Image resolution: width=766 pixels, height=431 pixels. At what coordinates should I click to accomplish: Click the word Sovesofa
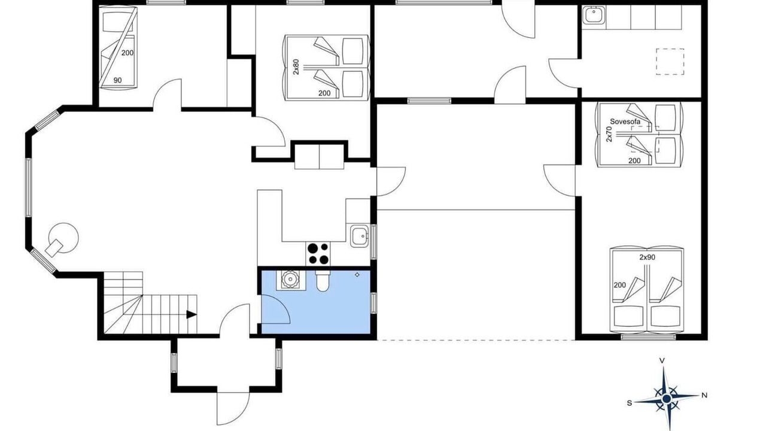625,122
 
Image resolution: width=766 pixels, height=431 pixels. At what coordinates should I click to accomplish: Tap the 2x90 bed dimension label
648,257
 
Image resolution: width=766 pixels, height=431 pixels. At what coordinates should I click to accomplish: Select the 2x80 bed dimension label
296,66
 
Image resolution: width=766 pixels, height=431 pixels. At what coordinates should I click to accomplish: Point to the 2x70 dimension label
609,134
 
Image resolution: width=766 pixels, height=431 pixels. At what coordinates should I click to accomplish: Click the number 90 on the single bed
118,80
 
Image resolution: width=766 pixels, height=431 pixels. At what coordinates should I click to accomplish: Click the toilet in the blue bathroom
323,281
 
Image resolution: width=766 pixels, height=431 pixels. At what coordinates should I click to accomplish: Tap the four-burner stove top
318,253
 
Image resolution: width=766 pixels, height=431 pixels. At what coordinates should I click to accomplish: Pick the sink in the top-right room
594,16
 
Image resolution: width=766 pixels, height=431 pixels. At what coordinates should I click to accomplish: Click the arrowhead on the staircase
191,314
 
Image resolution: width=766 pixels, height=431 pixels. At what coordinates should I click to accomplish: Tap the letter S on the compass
630,403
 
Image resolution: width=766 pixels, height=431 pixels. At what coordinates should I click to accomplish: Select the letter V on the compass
662,360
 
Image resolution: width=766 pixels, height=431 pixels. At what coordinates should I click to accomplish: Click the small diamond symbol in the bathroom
357,274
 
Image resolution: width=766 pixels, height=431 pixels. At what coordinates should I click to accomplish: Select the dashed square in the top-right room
670,62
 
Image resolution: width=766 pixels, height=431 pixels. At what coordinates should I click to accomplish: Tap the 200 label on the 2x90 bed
620,285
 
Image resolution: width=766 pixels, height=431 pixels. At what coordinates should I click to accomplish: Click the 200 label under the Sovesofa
635,161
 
